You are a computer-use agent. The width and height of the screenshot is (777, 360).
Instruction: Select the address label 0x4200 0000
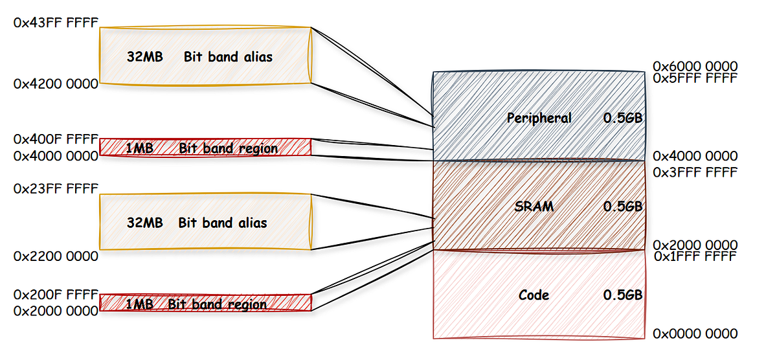coord(56,84)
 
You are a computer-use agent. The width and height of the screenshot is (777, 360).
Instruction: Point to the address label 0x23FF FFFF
coord(56,188)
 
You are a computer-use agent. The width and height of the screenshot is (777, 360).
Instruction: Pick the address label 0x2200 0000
coord(56,256)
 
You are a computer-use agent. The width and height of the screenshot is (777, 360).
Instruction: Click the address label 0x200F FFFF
coord(56,295)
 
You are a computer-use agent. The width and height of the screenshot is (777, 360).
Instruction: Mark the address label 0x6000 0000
coord(695,67)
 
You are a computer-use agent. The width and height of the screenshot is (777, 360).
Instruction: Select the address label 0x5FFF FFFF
coord(695,78)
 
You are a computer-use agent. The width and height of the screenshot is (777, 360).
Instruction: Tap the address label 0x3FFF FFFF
coord(695,173)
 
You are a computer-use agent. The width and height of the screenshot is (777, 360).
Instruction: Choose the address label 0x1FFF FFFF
coord(695,256)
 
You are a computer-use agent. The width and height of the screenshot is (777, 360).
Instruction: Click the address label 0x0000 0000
coord(695,334)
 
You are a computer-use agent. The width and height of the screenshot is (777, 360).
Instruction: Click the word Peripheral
coord(539,118)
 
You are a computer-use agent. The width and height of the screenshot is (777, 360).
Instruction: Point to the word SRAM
coord(534,207)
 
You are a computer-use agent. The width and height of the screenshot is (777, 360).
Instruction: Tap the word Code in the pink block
coord(534,295)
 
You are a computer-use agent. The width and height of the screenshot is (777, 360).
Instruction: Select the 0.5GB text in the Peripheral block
coord(622,118)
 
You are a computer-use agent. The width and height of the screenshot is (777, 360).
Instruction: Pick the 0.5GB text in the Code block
coord(622,295)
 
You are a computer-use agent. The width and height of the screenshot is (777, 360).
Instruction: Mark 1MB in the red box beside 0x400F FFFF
coord(139,148)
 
